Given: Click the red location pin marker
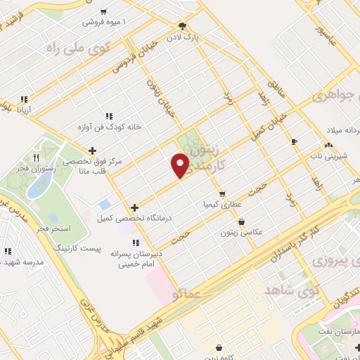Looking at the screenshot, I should (181, 166).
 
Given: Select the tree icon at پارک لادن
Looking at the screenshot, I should (183, 23).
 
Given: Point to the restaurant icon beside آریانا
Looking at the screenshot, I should (25, 100).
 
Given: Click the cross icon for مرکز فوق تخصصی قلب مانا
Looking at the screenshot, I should (93, 150).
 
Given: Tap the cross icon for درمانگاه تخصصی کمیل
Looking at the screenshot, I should (134, 207).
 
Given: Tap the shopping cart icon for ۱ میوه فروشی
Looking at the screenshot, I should (104, 12).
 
